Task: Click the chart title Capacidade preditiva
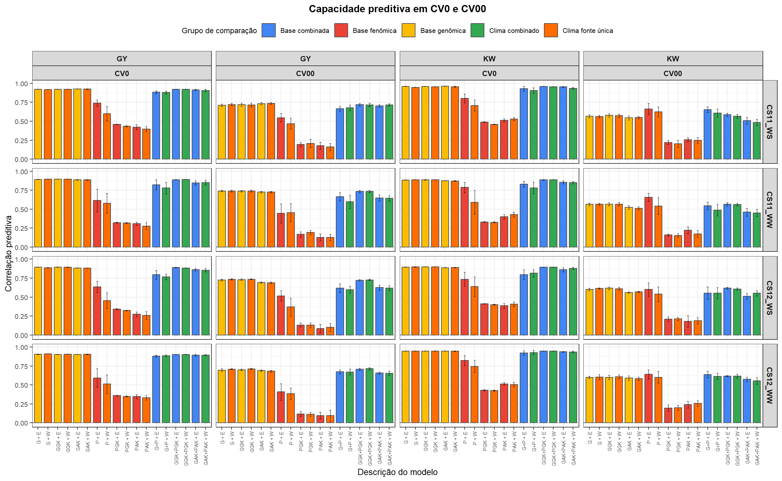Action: [397, 9]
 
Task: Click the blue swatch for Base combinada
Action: [268, 31]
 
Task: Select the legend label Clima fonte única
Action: [587, 31]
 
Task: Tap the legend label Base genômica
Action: [442, 31]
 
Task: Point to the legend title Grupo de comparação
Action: [219, 31]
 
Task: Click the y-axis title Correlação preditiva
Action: [8, 253]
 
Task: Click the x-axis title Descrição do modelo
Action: [397, 472]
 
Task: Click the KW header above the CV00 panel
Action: [673, 59]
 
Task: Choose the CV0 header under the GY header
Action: [122, 74]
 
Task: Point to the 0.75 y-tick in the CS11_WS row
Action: [21, 102]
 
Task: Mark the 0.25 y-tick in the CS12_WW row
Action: [21, 404]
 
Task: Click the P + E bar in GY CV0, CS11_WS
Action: [97, 131]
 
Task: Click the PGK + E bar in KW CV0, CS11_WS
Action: [484, 140]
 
